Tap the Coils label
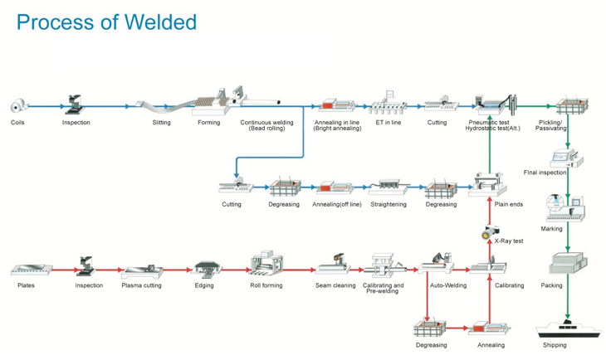(x=17, y=123)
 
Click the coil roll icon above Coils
(x=17, y=106)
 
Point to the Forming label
(x=209, y=123)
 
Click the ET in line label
(x=388, y=123)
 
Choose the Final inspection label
(x=545, y=173)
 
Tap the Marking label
(x=551, y=229)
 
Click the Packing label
(x=551, y=285)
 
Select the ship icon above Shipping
(x=567, y=327)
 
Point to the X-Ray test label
(x=509, y=241)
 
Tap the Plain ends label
(x=509, y=204)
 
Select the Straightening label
(x=389, y=204)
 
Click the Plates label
(x=26, y=285)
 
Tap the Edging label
(x=204, y=285)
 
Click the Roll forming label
(x=266, y=285)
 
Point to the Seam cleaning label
(x=335, y=285)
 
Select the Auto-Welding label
(x=448, y=285)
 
